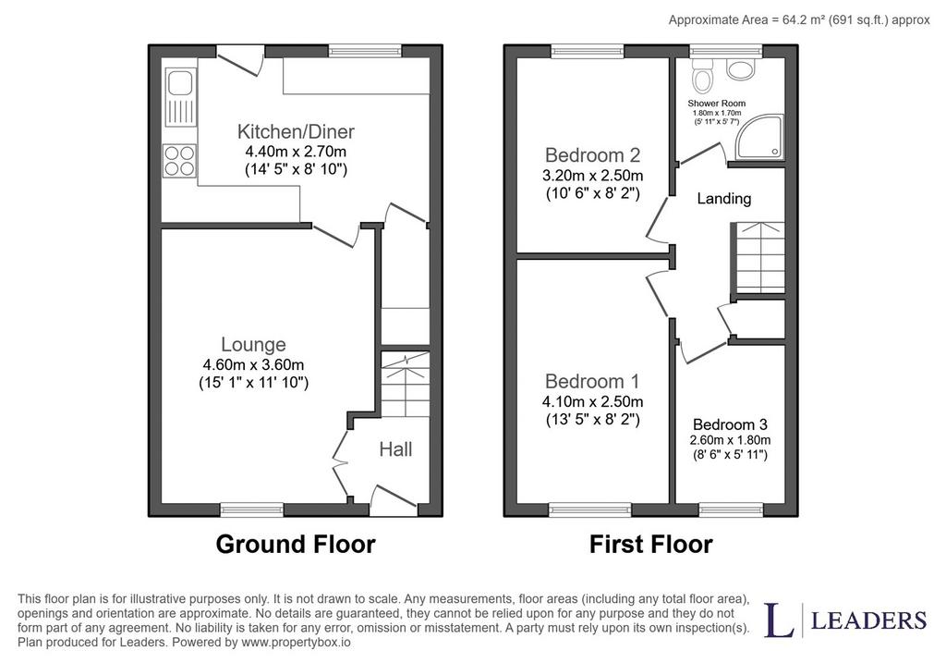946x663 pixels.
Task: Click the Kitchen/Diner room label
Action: click(x=296, y=131)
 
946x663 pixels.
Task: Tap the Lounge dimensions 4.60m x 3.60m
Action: click(x=253, y=364)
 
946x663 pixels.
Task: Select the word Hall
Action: click(x=395, y=449)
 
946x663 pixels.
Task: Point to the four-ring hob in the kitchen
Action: click(x=179, y=161)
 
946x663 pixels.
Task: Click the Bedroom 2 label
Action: click(x=592, y=155)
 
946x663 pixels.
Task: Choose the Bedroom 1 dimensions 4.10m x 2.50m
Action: click(x=592, y=401)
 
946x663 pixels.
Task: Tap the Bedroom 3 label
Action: click(x=730, y=424)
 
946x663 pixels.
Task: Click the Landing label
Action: click(x=724, y=199)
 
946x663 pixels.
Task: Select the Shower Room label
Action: click(x=717, y=104)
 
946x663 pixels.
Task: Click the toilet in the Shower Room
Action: click(x=701, y=76)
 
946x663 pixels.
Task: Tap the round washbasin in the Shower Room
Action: click(x=740, y=68)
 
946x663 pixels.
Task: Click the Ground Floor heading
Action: click(x=296, y=544)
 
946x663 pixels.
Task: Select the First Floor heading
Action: click(x=651, y=544)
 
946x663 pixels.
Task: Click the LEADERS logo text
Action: click(x=868, y=620)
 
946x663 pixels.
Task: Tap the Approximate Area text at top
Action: click(x=799, y=20)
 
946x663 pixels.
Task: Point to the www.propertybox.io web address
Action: click(x=296, y=642)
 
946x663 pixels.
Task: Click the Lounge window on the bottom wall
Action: click(x=251, y=510)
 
